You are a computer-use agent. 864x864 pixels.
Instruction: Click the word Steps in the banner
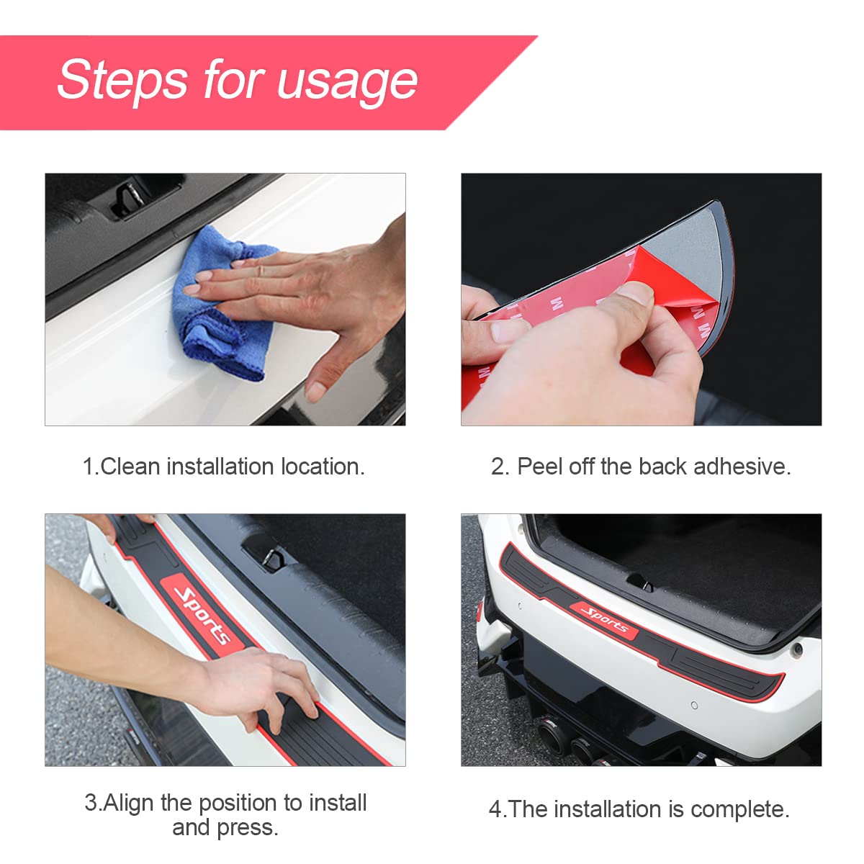coord(122,80)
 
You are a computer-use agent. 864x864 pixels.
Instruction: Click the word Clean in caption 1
coord(130,467)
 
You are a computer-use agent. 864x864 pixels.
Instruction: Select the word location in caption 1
coord(323,467)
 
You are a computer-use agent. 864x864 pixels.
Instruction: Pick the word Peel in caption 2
coord(540,467)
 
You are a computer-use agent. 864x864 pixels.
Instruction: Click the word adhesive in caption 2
coord(742,467)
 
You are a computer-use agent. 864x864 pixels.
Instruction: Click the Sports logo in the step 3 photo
coord(202,614)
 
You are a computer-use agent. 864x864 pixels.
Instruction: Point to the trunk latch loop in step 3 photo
coord(272,557)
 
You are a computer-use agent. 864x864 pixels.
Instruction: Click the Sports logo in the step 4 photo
coord(604,621)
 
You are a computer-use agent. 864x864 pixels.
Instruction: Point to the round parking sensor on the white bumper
coord(695,706)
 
